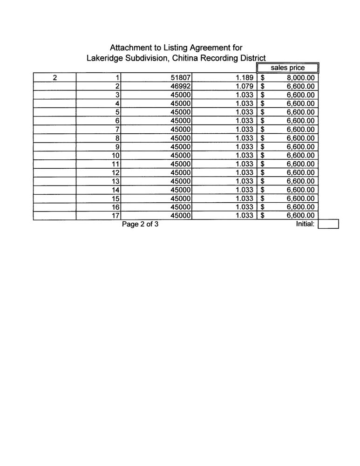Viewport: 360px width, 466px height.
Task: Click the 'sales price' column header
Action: pyautogui.click(x=287, y=68)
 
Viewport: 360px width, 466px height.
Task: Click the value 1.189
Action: pyautogui.click(x=245, y=78)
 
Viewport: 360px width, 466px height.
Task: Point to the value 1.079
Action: pyautogui.click(x=245, y=86)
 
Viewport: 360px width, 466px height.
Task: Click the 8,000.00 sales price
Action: pyautogui.click(x=301, y=78)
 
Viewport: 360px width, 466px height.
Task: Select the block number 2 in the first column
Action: pyautogui.click(x=54, y=78)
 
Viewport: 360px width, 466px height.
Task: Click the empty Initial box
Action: pyautogui.click(x=328, y=225)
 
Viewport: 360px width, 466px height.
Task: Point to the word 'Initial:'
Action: pyautogui.click(x=306, y=224)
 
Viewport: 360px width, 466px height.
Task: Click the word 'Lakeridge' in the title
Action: pyautogui.click(x=103, y=58)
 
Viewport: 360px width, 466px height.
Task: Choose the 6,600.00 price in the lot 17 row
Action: pyautogui.click(x=301, y=216)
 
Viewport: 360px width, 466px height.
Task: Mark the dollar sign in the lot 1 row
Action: pyautogui.click(x=263, y=78)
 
